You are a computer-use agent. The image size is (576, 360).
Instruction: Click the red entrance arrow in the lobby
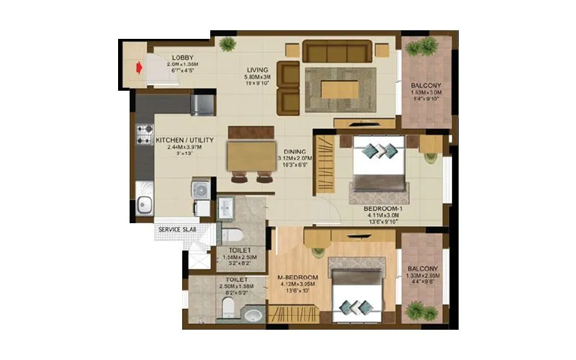[137, 68]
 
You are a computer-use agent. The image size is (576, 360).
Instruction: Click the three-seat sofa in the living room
[337, 51]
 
